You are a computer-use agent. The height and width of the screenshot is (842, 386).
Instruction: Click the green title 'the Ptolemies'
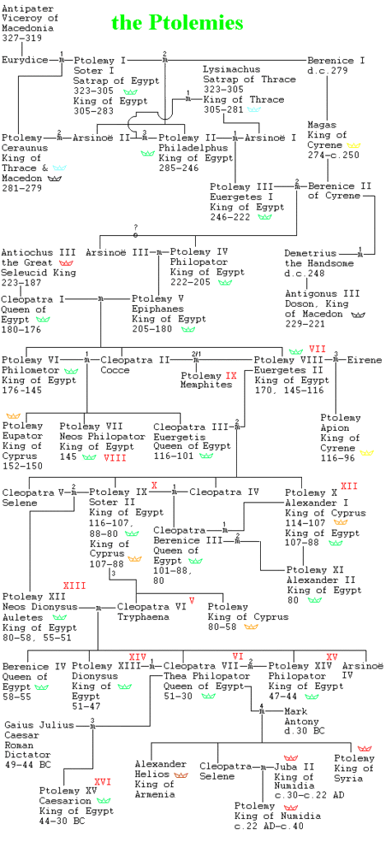click(177, 22)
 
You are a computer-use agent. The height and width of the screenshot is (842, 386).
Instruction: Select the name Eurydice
click(25, 59)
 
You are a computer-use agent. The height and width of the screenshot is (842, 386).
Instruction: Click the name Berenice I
click(336, 60)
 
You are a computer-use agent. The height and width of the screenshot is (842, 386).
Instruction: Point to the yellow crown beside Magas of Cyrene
click(354, 145)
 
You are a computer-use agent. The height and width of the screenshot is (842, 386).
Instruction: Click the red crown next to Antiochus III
click(66, 262)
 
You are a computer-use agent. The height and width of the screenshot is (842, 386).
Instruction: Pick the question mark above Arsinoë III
click(136, 227)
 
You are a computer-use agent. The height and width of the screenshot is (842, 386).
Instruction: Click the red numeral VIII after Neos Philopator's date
click(115, 457)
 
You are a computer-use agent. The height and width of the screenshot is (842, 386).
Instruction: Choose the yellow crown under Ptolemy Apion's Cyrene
click(366, 453)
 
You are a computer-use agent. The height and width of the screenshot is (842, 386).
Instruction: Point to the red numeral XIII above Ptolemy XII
click(75, 585)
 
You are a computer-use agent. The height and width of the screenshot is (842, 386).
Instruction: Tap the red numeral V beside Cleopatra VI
click(192, 599)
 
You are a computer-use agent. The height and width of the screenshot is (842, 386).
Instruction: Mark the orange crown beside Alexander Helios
click(180, 775)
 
